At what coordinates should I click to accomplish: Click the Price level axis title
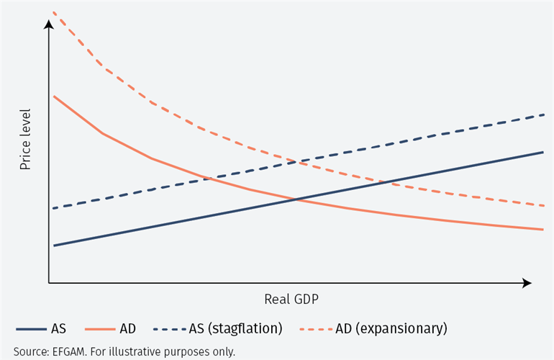coord(25,139)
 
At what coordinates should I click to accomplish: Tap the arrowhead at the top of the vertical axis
coord(49,25)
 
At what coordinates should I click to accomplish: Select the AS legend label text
coord(58,328)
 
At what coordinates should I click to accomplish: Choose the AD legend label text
coord(128,328)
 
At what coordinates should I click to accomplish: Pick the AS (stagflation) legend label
coord(235,328)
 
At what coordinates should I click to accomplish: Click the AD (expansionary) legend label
coord(391,328)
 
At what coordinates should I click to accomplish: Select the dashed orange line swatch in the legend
coord(315,329)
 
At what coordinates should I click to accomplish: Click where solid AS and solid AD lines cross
coord(296,199)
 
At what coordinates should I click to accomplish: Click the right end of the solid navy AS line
coord(542,153)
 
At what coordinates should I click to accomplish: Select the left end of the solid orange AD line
coord(54,96)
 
